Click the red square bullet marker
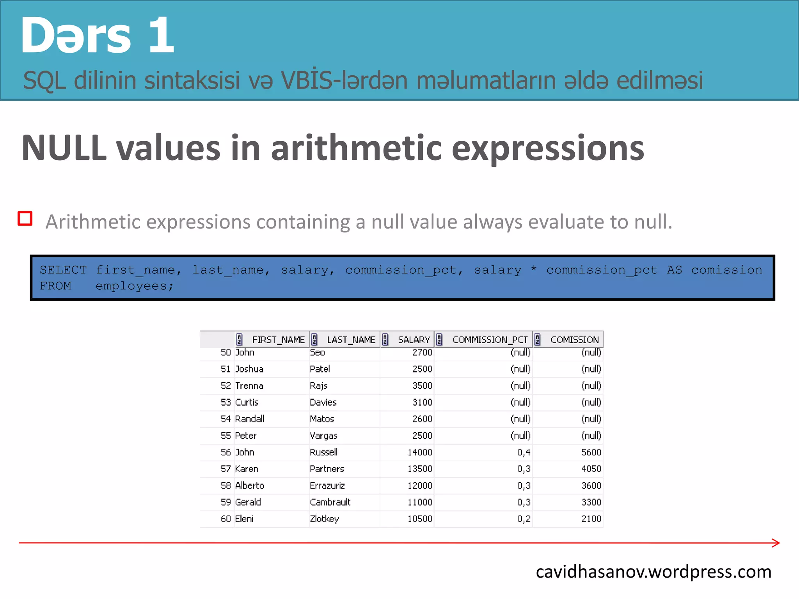25,219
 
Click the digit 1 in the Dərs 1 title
161,35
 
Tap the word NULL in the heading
64,148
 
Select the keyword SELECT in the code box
63,270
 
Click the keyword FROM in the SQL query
55,286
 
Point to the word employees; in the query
135,286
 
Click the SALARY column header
413,340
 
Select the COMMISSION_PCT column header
489,340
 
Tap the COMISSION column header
574,340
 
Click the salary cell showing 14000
420,452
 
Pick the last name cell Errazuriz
327,486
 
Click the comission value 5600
591,452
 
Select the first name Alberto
250,486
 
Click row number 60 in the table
225,519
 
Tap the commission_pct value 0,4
524,452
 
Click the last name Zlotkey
324,519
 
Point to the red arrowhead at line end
776,543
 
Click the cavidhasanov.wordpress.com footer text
653,572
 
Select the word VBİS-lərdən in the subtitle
345,80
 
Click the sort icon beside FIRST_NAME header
240,340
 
